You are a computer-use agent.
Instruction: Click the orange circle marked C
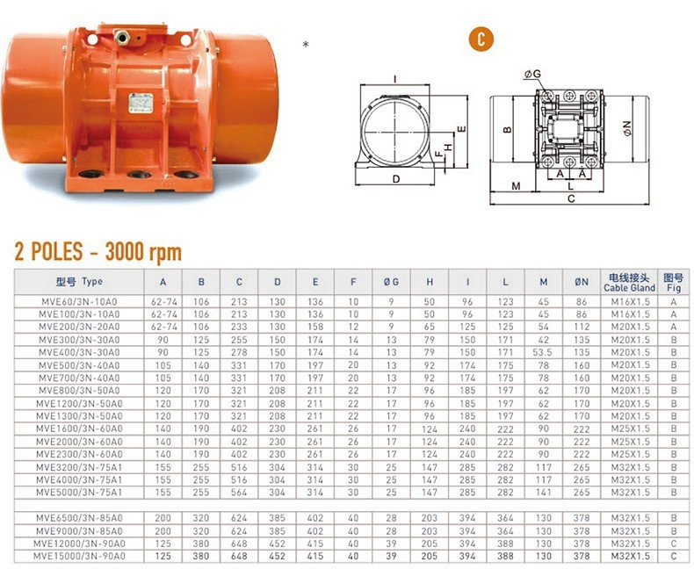(481, 39)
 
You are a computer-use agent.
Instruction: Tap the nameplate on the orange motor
(141, 103)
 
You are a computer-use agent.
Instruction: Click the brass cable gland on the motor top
(122, 38)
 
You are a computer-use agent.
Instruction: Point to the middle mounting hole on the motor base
(139, 175)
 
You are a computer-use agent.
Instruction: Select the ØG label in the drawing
(532, 74)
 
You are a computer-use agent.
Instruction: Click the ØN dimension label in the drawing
(627, 128)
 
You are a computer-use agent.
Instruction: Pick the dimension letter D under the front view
(396, 179)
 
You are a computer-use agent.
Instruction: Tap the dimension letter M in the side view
(516, 186)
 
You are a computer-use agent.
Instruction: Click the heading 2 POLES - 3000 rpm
(98, 252)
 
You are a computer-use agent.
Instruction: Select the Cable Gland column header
(629, 288)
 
